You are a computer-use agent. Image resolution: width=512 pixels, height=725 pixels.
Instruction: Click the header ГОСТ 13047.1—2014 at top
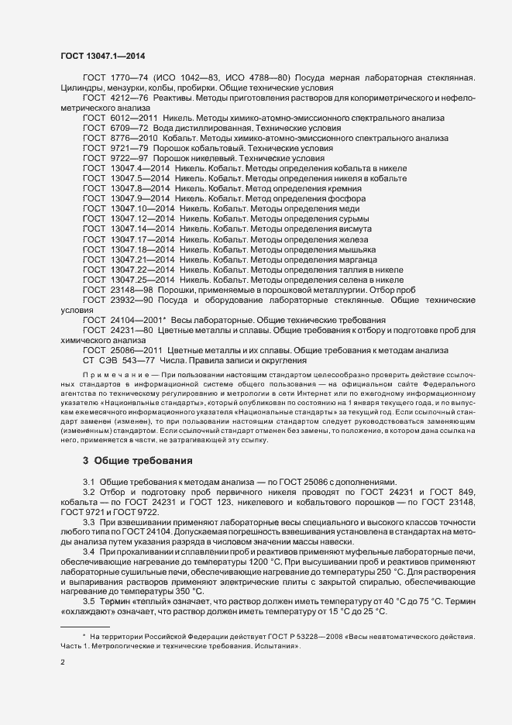[x=101, y=55]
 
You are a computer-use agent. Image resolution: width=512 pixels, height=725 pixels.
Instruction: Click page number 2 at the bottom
[x=63, y=662]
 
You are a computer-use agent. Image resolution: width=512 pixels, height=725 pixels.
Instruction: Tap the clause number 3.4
[x=88, y=551]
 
